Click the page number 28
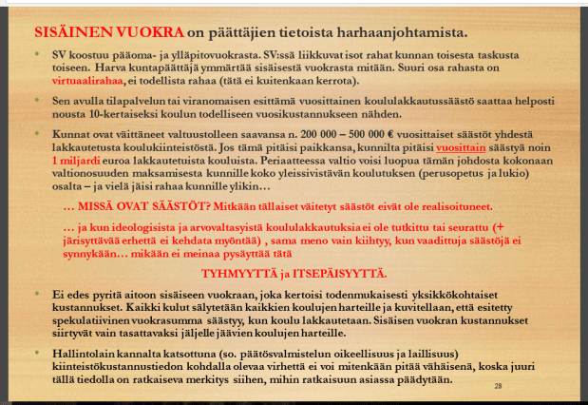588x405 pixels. [498, 385]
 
